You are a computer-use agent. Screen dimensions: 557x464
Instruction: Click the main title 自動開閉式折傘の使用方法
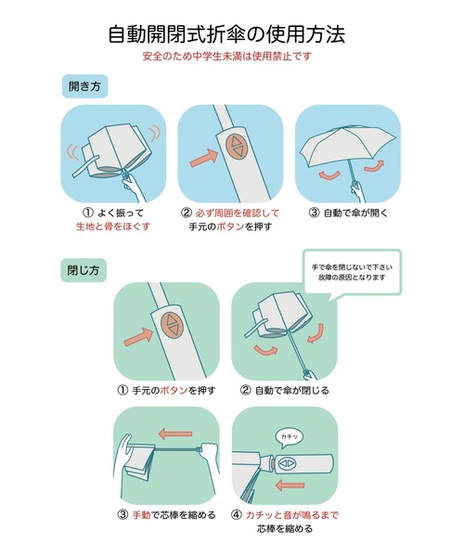[x=232, y=34]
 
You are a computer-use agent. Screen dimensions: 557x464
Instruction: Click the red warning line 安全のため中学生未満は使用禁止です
[x=232, y=58]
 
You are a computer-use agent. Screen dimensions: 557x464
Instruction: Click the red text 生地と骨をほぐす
[x=112, y=226]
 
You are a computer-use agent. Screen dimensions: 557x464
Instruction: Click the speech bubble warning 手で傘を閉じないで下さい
[x=353, y=263]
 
